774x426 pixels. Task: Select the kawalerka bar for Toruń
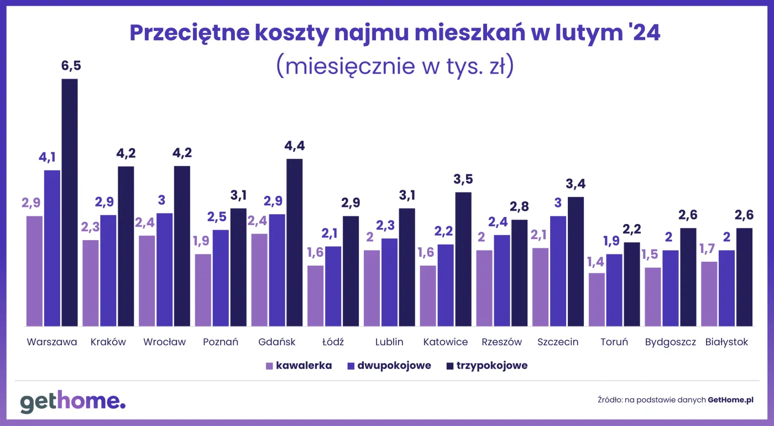597,299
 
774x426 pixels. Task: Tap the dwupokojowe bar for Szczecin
558,271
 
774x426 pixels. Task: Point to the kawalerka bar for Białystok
709,294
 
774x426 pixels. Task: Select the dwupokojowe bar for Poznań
221,278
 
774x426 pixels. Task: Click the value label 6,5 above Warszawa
71,67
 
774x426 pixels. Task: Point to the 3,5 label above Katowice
463,180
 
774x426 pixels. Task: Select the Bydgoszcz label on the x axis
670,342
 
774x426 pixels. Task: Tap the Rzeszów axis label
501,342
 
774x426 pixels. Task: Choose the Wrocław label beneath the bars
164,342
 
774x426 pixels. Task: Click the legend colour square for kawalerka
270,366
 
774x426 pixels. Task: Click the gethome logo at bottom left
73,402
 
